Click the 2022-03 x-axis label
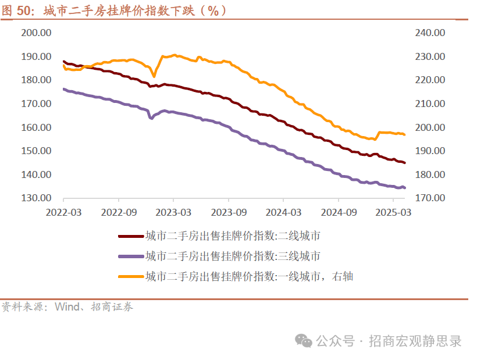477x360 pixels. [64, 213]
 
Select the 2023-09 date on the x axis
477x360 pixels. [229, 213]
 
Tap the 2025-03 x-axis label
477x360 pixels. [393, 213]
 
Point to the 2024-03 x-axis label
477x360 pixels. [283, 213]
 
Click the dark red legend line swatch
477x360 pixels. [130, 236]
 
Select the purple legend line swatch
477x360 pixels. [130, 256]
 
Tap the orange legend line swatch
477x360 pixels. [130, 276]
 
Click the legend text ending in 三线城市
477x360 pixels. [232, 256]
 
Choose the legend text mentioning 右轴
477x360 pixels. [249, 276]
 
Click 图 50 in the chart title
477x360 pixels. [16, 10]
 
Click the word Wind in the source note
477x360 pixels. [67, 306]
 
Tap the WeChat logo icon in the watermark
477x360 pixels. [303, 341]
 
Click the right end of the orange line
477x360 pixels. [405, 134]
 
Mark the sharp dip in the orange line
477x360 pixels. [154, 76]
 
